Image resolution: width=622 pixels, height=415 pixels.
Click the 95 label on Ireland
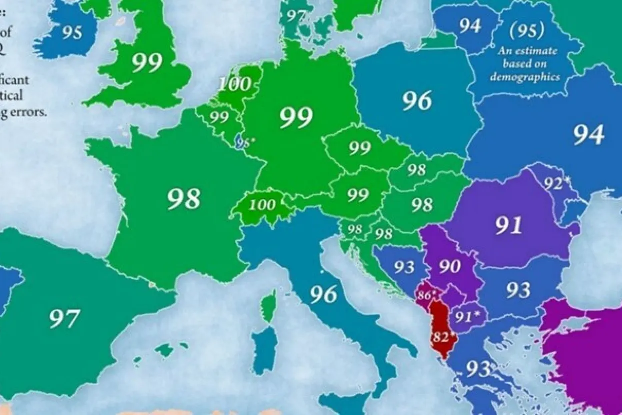pyautogui.click(x=72, y=32)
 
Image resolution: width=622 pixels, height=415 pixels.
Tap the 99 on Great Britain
pyautogui.click(x=147, y=63)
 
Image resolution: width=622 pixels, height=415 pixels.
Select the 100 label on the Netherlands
pyautogui.click(x=234, y=84)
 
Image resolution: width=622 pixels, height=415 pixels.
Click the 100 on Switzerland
pyautogui.click(x=262, y=205)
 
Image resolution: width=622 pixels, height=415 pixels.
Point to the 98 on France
pyautogui.click(x=184, y=199)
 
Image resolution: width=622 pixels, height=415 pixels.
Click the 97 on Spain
pyautogui.click(x=65, y=319)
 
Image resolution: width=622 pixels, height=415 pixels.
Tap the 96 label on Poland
pyautogui.click(x=417, y=101)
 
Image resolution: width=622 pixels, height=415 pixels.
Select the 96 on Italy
pyautogui.click(x=323, y=295)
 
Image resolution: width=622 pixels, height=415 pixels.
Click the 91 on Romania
pyautogui.click(x=508, y=225)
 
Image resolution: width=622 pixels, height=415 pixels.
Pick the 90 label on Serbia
pyautogui.click(x=450, y=266)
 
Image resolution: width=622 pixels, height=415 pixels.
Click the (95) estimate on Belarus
pyautogui.click(x=527, y=31)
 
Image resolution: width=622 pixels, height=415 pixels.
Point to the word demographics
pyautogui.click(x=524, y=77)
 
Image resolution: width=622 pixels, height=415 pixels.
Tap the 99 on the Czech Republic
pyautogui.click(x=360, y=148)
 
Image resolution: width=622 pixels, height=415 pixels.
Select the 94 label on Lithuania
pyautogui.click(x=470, y=26)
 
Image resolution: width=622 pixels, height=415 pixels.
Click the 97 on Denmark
pyautogui.click(x=296, y=16)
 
